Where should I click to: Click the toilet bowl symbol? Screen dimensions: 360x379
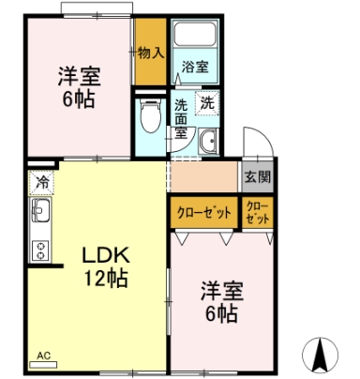pyautogui.click(x=151, y=115)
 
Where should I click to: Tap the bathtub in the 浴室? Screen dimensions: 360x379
pyautogui.click(x=195, y=34)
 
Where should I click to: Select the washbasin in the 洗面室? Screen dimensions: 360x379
pyautogui.click(x=208, y=142)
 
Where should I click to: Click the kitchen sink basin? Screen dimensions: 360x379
pyautogui.click(x=39, y=209)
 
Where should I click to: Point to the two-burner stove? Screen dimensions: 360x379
pyautogui.click(x=40, y=250)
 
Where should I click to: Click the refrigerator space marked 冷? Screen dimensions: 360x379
pyautogui.click(x=42, y=182)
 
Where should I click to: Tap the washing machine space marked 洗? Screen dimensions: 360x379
pyautogui.click(x=207, y=103)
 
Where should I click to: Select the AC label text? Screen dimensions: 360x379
pyautogui.click(x=43, y=356)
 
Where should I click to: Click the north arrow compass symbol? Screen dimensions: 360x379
pyautogui.click(x=320, y=356)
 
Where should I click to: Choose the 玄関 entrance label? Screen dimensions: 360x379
pyautogui.click(x=258, y=177)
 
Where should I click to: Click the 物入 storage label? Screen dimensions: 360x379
pyautogui.click(x=151, y=53)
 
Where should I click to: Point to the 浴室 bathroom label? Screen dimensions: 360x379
pyautogui.click(x=195, y=67)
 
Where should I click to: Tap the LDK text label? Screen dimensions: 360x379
pyautogui.click(x=106, y=255)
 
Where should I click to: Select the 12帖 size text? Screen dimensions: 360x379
pyautogui.click(x=106, y=278)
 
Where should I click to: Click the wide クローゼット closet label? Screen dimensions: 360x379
pyautogui.click(x=203, y=213)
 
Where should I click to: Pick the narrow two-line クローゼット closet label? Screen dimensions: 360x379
pyautogui.click(x=258, y=213)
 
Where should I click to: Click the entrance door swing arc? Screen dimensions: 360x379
pyautogui.click(x=263, y=135)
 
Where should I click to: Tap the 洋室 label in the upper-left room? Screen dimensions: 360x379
pyautogui.click(x=80, y=76)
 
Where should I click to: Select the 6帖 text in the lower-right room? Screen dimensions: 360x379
pyautogui.click(x=221, y=313)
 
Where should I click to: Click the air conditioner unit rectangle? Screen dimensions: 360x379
pyautogui.click(x=43, y=365)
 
